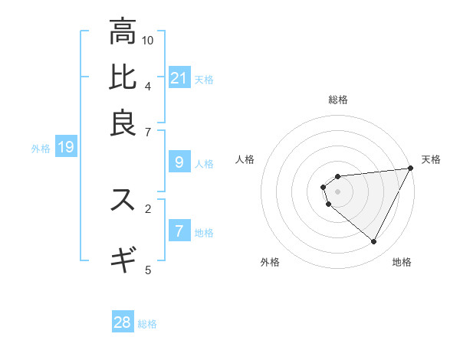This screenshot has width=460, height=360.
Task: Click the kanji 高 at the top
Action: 123,32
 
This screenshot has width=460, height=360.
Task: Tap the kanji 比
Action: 123,77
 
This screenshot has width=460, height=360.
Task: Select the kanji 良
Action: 123,123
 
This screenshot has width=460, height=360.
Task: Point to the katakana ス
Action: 123,200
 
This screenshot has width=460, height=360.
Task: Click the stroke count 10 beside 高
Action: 148,40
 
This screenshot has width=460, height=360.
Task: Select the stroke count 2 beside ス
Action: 148,208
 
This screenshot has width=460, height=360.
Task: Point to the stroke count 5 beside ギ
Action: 148,269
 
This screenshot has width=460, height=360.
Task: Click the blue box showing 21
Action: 179,77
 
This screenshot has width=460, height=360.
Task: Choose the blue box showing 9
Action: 179,162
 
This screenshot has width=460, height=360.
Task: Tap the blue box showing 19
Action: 66,147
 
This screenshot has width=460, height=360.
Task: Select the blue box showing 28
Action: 123,322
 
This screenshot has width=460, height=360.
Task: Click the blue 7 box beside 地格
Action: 179,231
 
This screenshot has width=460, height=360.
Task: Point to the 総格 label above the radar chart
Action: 338,100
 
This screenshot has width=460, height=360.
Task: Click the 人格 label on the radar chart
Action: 245,159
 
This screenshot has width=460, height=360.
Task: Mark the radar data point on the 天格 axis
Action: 411,169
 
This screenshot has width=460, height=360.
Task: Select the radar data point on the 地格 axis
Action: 374,242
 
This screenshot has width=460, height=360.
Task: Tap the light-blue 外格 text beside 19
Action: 41,149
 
